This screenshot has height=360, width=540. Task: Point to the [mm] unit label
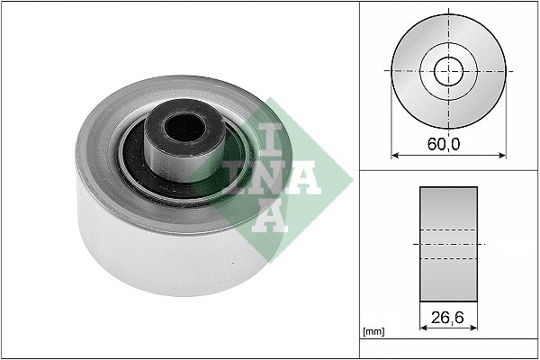[372, 332]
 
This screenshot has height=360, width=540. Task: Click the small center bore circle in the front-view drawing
[448, 70]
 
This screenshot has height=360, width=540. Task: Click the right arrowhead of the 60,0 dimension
[501, 155]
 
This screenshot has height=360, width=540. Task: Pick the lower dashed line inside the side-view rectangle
[448, 259]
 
